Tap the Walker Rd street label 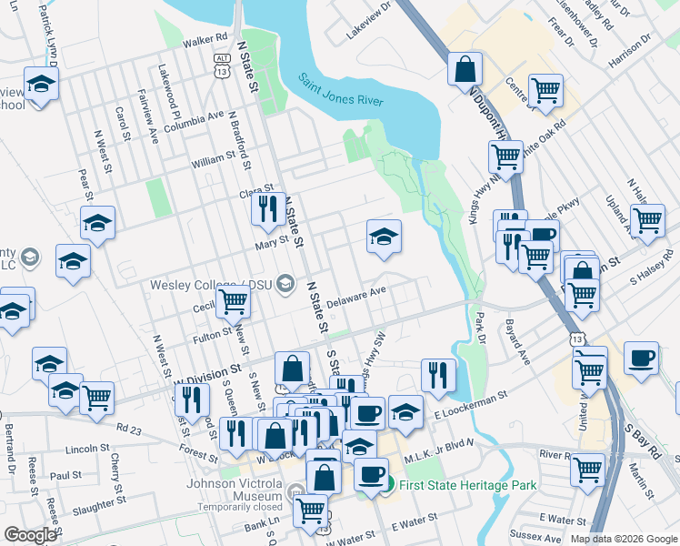[204, 39]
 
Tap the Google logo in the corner [30, 535]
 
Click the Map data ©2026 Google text [623, 539]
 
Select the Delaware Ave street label [357, 297]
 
